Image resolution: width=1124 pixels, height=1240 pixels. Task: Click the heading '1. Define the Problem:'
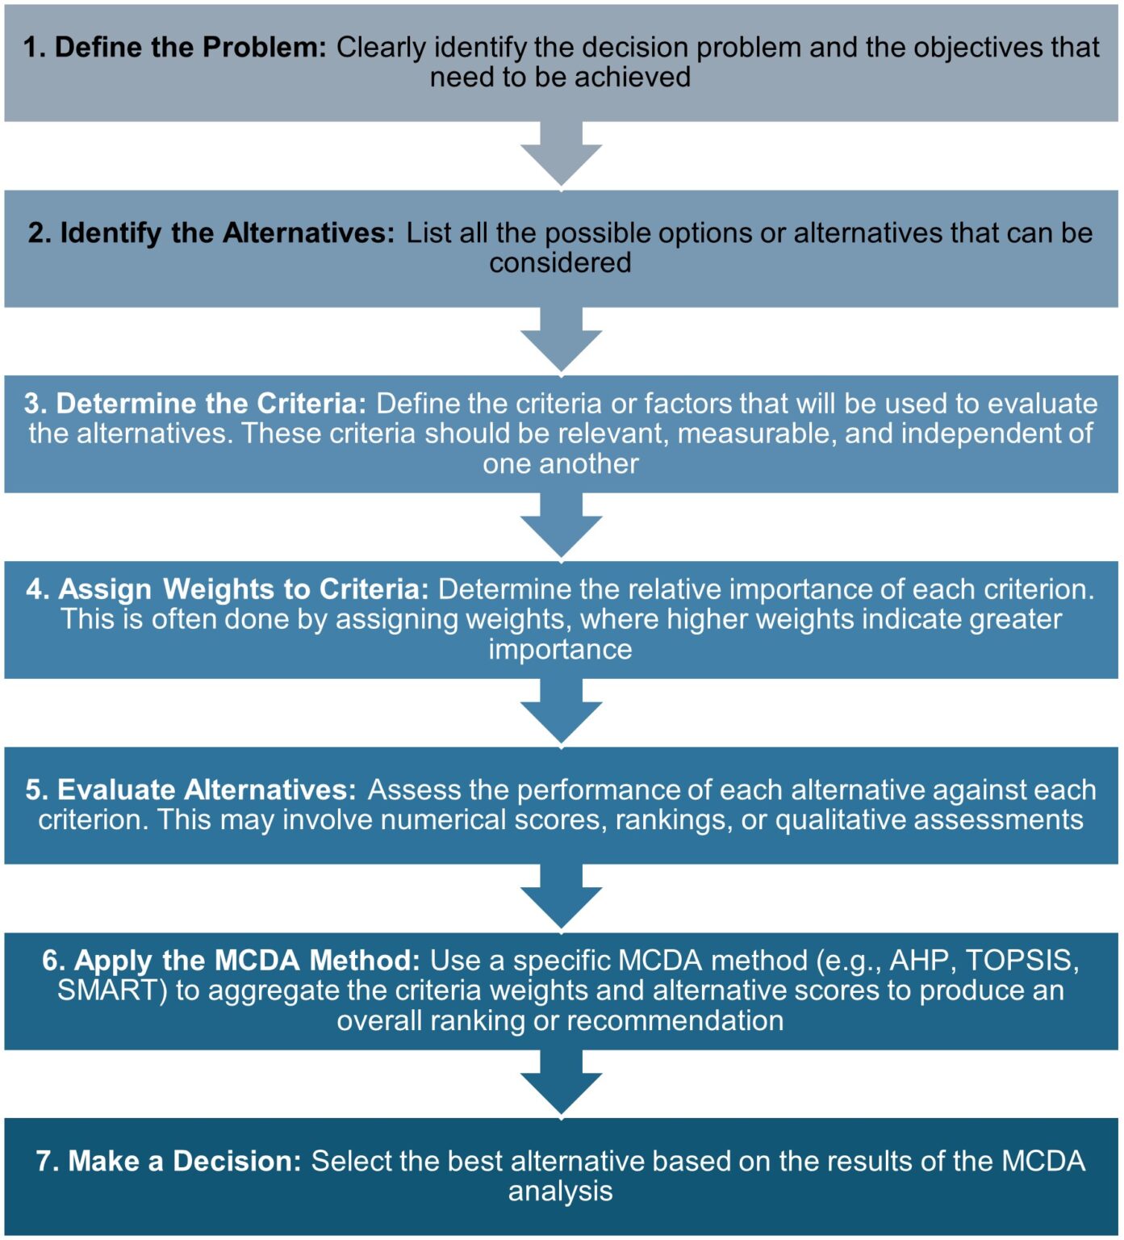[174, 47]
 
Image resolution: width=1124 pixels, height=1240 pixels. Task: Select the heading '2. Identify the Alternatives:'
[211, 232]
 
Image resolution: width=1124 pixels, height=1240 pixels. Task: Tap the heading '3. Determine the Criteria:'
[195, 404]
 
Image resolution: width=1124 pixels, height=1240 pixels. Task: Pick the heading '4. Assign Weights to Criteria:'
[227, 589]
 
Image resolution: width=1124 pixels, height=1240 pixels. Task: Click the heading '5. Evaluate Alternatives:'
[190, 790]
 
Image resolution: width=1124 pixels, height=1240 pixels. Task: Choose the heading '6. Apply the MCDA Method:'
[231, 961]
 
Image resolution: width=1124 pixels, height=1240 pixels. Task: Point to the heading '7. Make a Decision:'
[169, 1161]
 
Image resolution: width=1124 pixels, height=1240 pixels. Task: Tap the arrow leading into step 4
[561, 527]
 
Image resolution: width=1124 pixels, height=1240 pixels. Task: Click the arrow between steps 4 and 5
[561, 713]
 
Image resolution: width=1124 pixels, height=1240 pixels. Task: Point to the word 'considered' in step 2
[560, 263]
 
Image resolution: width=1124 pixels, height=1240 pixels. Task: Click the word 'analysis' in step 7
[560, 1192]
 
